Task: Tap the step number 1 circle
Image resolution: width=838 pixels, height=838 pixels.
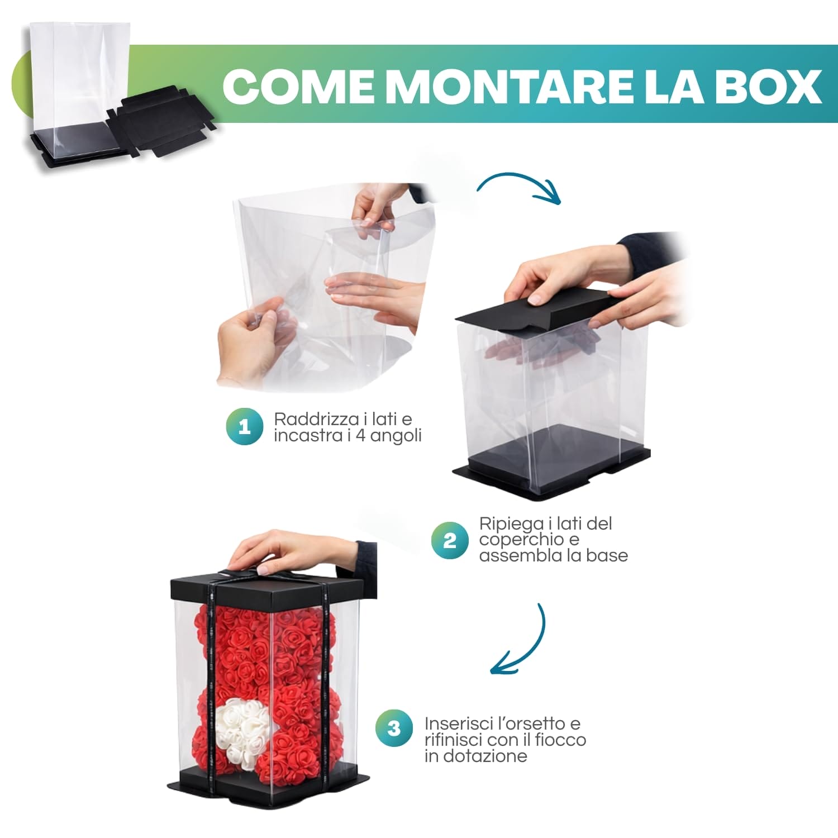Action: tap(244, 427)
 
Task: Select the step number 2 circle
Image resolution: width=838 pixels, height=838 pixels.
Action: tap(449, 540)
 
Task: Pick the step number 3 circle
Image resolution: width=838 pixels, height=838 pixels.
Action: tap(394, 728)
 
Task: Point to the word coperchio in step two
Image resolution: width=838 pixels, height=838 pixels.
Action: tap(513, 540)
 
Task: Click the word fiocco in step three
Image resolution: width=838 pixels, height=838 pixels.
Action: tap(560, 740)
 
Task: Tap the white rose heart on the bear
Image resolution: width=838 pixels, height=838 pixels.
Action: tap(244, 726)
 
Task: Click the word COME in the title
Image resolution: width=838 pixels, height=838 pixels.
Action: tap(298, 87)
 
